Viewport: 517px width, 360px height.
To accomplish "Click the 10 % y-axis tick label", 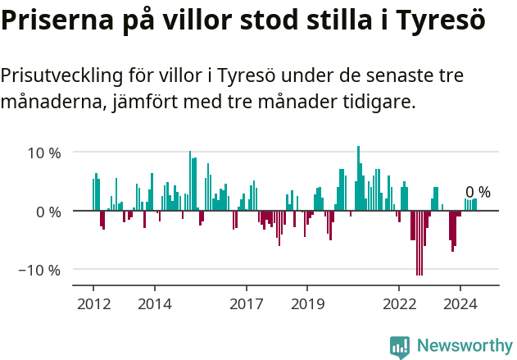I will (44, 153).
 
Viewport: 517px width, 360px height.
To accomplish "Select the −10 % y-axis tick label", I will (39, 270).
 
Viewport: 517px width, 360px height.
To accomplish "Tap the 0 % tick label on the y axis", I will (48, 212).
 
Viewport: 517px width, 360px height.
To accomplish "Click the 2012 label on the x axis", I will (93, 304).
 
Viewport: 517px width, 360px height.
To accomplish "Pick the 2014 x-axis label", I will (154, 304).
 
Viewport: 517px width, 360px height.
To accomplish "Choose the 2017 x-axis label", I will (246, 304).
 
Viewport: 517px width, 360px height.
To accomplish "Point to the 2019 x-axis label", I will (307, 304).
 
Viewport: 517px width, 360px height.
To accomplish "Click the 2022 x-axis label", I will (399, 304).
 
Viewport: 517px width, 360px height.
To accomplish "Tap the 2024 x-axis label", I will (460, 304).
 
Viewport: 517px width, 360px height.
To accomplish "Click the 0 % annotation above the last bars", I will (478, 193).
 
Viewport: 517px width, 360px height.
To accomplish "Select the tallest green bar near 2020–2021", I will (358, 179).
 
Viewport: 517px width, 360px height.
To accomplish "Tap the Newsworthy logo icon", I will (400, 346).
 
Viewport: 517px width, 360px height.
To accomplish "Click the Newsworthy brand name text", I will (464, 346).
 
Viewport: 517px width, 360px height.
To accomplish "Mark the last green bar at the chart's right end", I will (475, 204).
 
